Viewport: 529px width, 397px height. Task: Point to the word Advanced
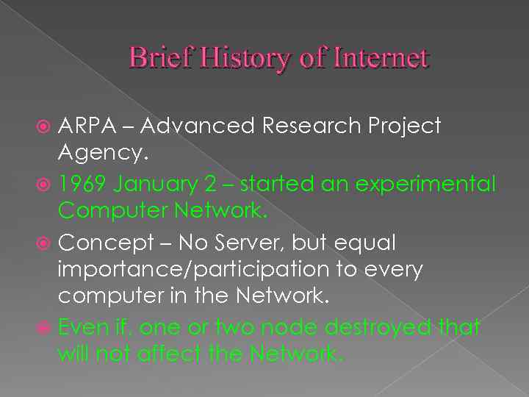tap(196, 126)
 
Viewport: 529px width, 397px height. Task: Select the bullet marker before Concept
tap(45, 243)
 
